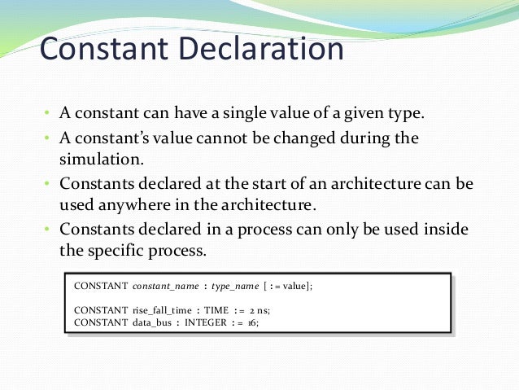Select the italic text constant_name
pos(166,287)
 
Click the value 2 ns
pos(279,310)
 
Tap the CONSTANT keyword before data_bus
pos(100,322)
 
